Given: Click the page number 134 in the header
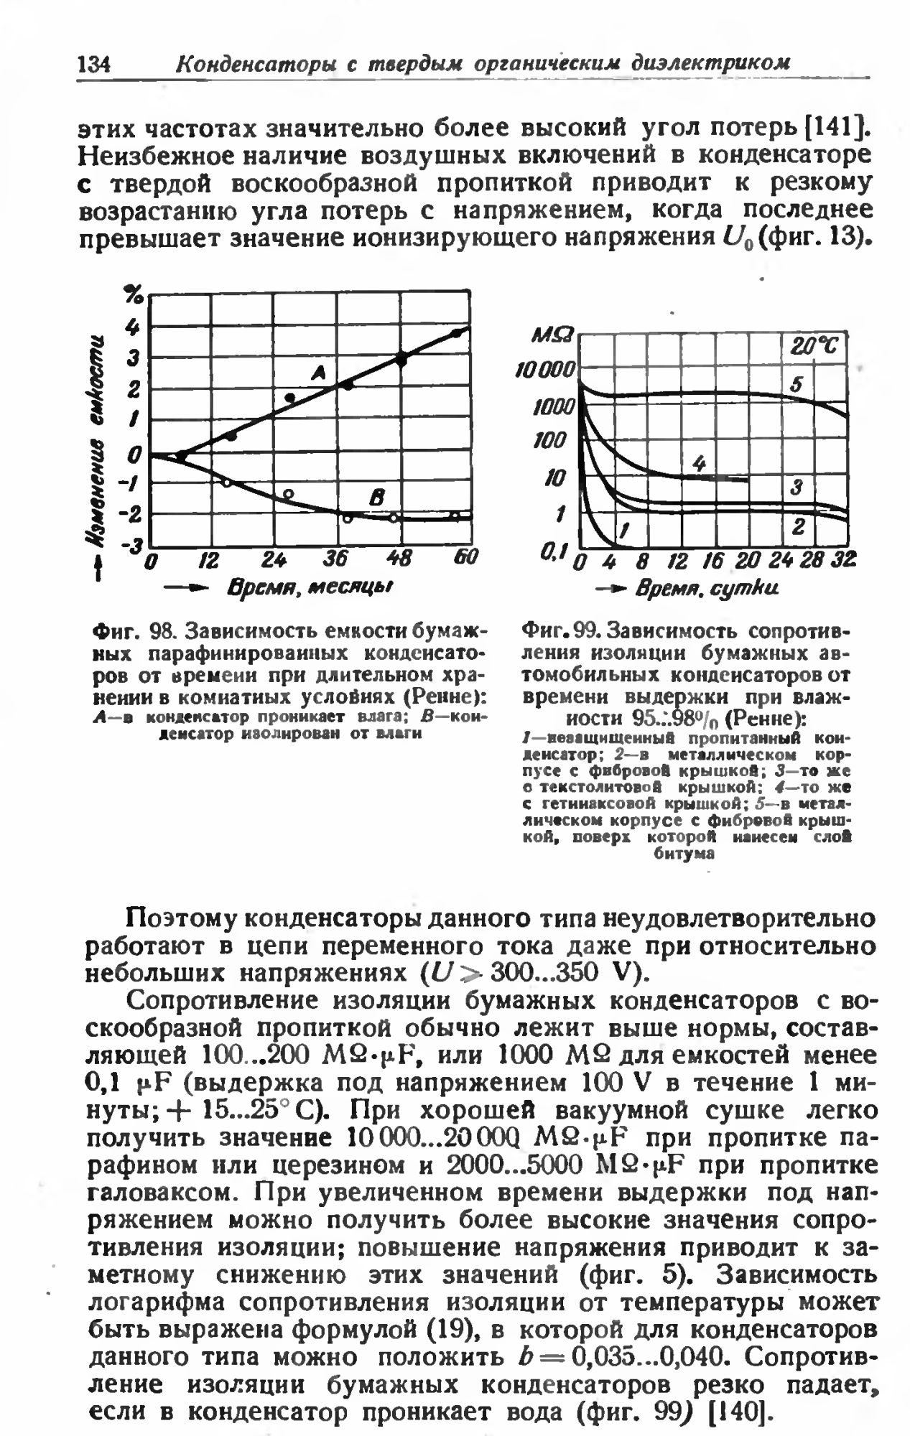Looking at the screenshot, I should pos(93,64).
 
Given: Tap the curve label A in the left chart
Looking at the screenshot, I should pos(318,371).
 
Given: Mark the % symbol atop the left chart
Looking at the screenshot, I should pos(133,293).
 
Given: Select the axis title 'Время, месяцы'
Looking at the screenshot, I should pos(309,589).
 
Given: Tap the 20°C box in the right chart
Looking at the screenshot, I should pos(816,348).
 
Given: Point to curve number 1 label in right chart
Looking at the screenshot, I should pos(625,531).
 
